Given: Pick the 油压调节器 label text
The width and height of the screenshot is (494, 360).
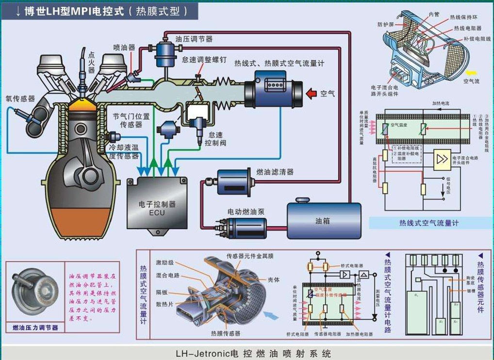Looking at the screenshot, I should pos(194,39).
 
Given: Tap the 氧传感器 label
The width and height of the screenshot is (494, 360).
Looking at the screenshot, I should pos(20,99).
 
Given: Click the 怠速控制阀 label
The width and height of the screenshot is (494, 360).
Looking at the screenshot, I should pos(215,139).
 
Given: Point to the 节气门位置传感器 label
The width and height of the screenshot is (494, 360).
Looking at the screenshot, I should pos(131,120).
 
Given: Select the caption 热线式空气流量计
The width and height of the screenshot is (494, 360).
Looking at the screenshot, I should pos(428,223).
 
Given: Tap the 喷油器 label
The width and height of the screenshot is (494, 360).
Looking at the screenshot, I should pos(124,48).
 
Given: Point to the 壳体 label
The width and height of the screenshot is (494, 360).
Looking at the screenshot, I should pos(274,280).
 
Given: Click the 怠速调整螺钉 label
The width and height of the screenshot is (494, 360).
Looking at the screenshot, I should pos(204,60).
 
